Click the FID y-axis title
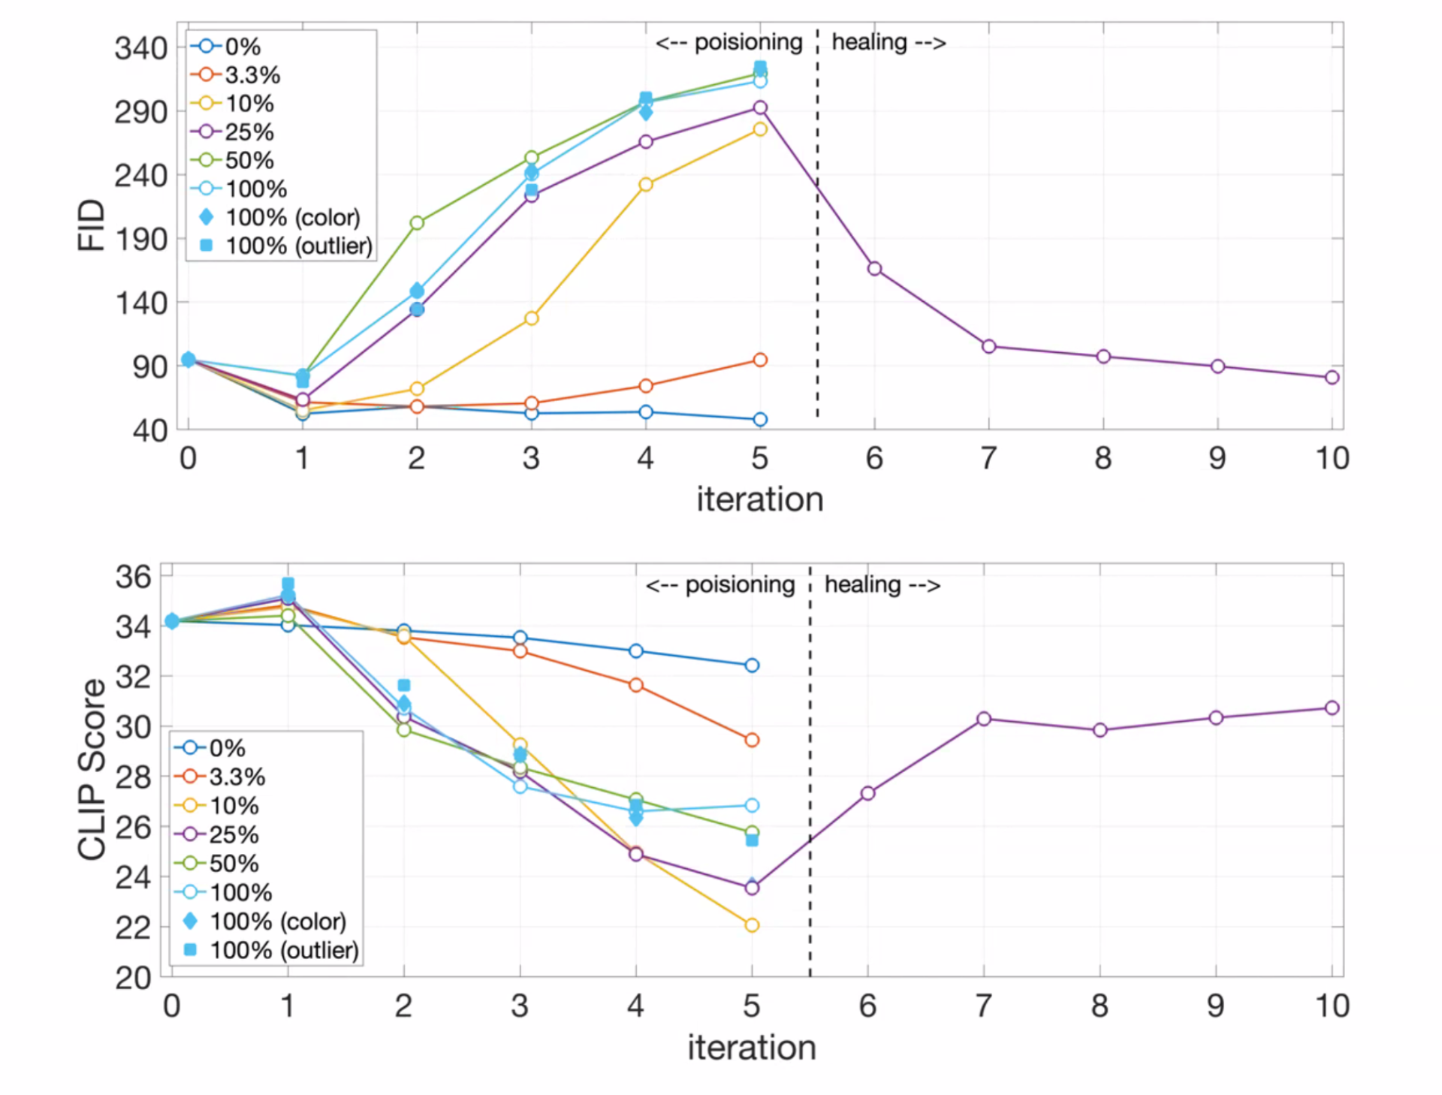coord(91,225)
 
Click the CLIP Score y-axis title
coord(92,769)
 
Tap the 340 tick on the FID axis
coord(140,49)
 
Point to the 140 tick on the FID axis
coord(140,303)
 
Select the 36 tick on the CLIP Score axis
coord(133,577)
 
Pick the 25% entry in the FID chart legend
coord(249,132)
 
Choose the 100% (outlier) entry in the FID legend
coord(298,246)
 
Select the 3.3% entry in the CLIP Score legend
coord(237,777)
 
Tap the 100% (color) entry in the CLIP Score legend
coord(277,922)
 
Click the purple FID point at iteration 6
coord(874,269)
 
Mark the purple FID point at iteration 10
coord(1332,377)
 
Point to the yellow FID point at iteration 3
coord(531,318)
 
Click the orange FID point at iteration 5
coord(760,360)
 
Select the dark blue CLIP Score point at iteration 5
coord(752,665)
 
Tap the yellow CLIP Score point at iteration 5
coord(752,925)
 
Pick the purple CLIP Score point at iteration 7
coord(984,719)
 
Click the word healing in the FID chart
coord(869,42)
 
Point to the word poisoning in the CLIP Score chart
coord(740,585)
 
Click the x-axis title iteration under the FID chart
coord(759,499)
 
